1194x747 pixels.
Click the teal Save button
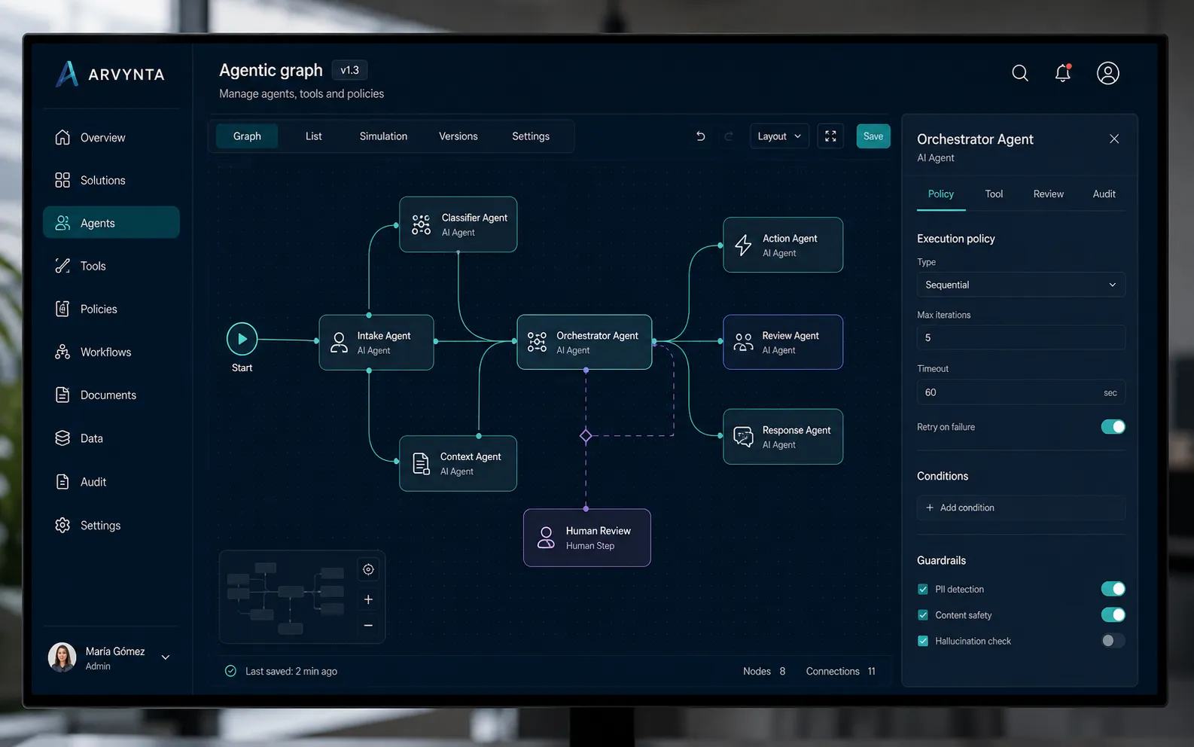873,136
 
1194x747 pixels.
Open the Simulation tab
383,136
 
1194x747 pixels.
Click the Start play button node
242,339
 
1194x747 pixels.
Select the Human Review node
587,538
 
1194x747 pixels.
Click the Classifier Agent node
458,224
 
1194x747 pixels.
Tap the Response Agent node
782,437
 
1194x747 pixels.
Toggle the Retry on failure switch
1113,426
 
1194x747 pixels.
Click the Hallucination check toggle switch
1113,640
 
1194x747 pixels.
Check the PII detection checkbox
923,589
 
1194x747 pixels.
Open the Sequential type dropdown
1020,285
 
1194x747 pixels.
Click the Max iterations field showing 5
1020,337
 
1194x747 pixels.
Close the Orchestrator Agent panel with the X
1114,139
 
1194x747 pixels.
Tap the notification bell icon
1063,73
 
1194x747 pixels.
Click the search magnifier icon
1019,73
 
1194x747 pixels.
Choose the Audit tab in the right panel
1104,194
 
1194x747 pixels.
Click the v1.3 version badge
349,70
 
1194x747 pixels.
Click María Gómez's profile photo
62,657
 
